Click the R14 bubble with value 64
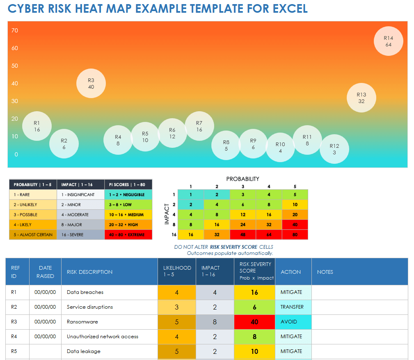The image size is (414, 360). click(x=389, y=41)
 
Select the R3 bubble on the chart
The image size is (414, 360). click(x=91, y=83)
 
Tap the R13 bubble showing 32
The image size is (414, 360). click(x=361, y=98)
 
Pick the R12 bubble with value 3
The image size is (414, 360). click(x=334, y=149)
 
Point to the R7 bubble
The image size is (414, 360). click(x=199, y=126)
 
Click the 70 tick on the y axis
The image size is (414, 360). click(x=15, y=30)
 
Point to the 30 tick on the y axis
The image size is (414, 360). click(x=15, y=101)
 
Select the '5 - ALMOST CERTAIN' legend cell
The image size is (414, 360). click(x=33, y=235)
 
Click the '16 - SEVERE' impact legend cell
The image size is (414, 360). click(x=80, y=235)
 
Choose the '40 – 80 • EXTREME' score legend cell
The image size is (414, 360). click(x=128, y=235)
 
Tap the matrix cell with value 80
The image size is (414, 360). click(x=295, y=235)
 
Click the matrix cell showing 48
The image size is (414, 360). click(x=243, y=235)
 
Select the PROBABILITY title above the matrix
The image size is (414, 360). click(x=242, y=179)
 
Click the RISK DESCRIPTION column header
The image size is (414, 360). click(x=89, y=272)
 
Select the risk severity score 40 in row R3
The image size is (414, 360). click(x=254, y=322)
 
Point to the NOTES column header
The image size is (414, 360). click(x=325, y=272)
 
